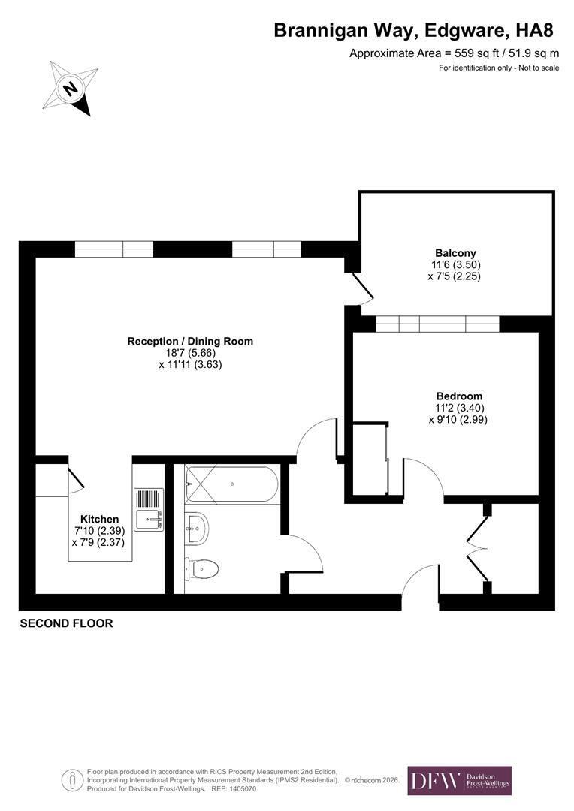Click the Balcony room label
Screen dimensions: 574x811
pos(455,253)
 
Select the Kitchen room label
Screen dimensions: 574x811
pos(99,520)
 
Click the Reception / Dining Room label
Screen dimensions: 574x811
pos(191,342)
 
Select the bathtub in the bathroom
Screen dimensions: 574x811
pos(231,484)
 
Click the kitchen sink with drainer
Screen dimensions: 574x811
pos(149,509)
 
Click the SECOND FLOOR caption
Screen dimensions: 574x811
pos(66,623)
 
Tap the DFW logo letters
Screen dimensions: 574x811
pos(435,780)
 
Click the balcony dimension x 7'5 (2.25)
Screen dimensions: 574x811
pos(455,276)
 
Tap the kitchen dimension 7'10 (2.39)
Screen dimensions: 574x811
pos(99,531)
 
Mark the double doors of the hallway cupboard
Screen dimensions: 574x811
pos(477,548)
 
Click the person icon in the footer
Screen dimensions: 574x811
pos(72,780)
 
